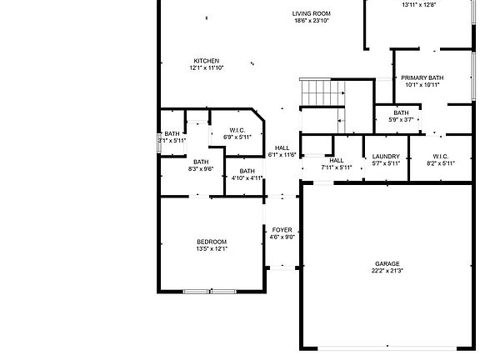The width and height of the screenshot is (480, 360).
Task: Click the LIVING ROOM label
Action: click(312, 13)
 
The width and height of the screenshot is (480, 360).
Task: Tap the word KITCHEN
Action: click(207, 61)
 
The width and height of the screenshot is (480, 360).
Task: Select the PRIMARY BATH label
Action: click(422, 77)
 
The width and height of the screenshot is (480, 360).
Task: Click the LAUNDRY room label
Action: click(386, 156)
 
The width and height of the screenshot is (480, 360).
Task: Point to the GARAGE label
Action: click(387, 263)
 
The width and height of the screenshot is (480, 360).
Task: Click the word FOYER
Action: click(282, 229)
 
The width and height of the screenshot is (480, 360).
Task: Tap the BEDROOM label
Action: click(212, 242)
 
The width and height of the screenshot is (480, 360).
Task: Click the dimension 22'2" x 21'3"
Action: click(387, 271)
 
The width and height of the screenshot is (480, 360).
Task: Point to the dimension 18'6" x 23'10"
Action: click(312, 21)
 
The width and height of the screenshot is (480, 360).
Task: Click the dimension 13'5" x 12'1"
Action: click(212, 248)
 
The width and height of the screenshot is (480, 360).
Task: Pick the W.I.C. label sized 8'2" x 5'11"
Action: click(441, 156)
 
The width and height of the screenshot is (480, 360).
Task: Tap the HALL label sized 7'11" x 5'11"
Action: click(337, 160)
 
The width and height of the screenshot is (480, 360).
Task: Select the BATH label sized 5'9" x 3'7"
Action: click(401, 112)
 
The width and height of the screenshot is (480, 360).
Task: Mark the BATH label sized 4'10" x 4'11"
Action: click(247, 171)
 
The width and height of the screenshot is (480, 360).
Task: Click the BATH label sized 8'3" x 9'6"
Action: click(201, 162)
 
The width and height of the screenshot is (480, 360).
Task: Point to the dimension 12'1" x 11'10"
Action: click(207, 68)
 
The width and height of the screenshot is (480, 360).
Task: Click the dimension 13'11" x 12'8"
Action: click(419, 5)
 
